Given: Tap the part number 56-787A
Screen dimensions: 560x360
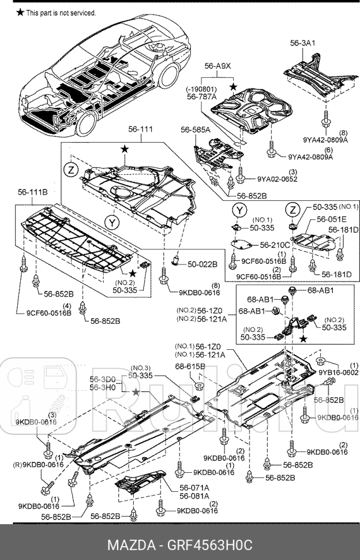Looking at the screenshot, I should pos(201,98).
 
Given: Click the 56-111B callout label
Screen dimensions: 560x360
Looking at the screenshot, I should pos(32,191).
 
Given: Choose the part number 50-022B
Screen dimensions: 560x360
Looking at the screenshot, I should pos(202,264).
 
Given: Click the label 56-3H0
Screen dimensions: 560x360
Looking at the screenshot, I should pos(103,389).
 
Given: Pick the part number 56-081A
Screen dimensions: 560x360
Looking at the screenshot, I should pos(194,495).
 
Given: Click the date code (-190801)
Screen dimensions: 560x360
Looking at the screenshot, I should pos(201,89).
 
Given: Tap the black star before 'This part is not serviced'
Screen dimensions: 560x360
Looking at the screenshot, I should pos(20,12).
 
